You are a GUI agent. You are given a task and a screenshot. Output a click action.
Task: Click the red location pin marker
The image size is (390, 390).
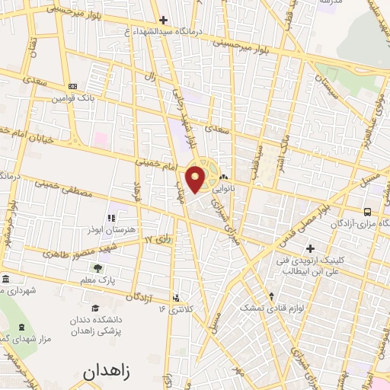[x=196, y=179]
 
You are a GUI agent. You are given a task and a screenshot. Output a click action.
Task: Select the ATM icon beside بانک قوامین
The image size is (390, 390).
[x=72, y=87]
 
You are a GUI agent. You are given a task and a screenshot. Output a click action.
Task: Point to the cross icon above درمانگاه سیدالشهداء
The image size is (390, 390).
[x=163, y=20]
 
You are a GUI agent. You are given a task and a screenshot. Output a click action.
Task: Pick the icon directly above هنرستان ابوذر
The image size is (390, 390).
[x=112, y=218]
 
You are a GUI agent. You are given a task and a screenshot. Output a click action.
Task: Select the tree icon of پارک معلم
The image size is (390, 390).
[x=97, y=268]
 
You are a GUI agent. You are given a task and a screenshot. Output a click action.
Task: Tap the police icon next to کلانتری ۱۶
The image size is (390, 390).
[x=177, y=298]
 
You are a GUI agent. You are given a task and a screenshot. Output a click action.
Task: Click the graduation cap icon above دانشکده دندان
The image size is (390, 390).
[x=95, y=308]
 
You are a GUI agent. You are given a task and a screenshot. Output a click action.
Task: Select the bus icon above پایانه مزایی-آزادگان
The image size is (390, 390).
[x=368, y=212]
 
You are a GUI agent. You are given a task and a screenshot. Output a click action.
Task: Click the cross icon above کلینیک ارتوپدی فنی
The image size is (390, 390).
[x=310, y=248]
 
